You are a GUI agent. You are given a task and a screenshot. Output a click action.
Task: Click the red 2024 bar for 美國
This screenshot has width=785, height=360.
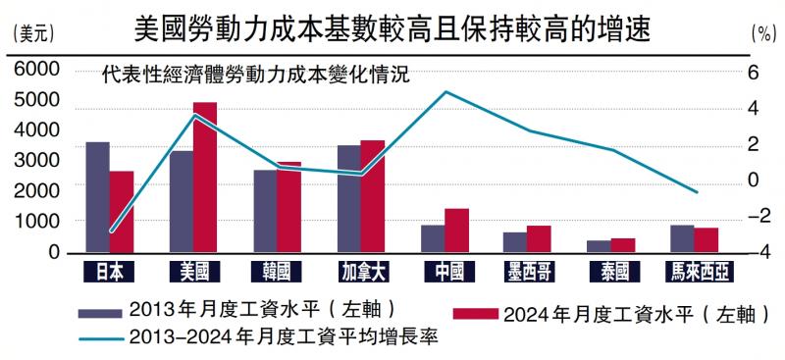click(x=205, y=178)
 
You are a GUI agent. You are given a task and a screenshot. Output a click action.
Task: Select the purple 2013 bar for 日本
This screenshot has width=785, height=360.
click(x=97, y=197)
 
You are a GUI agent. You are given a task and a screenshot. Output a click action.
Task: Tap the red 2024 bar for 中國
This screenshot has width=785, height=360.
click(x=457, y=231)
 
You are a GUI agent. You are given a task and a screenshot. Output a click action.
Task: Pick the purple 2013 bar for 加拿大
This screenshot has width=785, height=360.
click(x=349, y=199)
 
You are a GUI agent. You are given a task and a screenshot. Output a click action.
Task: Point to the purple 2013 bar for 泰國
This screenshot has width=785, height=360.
click(x=599, y=246)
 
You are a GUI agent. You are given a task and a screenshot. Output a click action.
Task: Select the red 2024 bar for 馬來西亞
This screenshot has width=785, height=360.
click(x=706, y=240)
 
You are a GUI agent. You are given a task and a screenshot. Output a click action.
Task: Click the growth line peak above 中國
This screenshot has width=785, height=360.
click(x=446, y=92)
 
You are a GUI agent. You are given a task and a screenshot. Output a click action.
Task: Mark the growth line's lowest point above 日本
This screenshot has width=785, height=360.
click(x=111, y=232)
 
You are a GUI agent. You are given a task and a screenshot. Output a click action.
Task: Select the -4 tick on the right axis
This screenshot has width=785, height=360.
click(x=753, y=252)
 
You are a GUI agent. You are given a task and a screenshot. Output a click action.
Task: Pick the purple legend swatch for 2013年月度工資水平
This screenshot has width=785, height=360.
click(x=100, y=311)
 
